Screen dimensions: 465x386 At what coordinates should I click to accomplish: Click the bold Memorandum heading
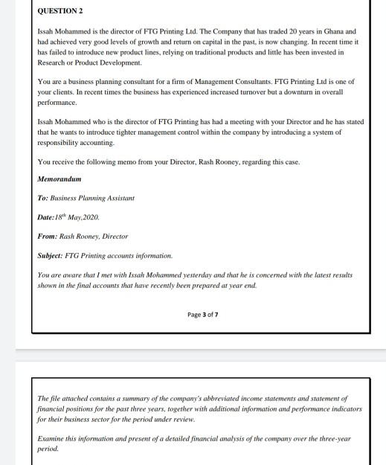59,179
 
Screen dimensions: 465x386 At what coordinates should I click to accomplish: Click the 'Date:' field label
46,218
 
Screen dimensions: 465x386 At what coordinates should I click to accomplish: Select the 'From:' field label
46,237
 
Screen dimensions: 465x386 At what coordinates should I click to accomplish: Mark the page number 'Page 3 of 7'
202,315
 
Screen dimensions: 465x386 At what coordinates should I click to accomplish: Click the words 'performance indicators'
325,409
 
